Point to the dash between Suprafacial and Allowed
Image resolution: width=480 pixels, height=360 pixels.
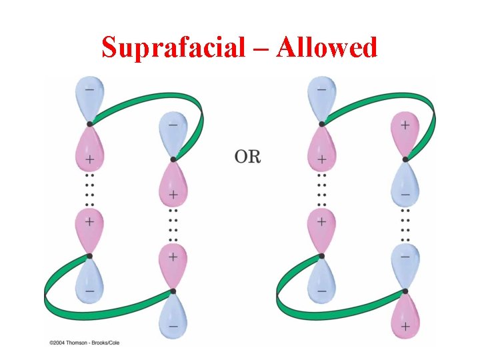point(265,48)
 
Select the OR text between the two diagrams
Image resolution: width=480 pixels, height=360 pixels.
point(248,157)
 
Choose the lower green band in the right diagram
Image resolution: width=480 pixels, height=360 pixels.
point(333,312)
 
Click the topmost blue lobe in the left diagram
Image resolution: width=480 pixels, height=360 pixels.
point(90,98)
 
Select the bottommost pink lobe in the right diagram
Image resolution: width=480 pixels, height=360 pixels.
point(403,317)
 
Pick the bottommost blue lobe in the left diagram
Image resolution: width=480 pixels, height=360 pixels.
point(173,317)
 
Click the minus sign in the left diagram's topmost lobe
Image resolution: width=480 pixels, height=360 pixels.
point(90,89)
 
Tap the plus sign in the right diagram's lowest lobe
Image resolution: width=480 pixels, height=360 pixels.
point(405,326)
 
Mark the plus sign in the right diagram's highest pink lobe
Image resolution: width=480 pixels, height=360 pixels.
point(405,125)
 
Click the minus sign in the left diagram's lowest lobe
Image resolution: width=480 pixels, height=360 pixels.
point(173,326)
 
